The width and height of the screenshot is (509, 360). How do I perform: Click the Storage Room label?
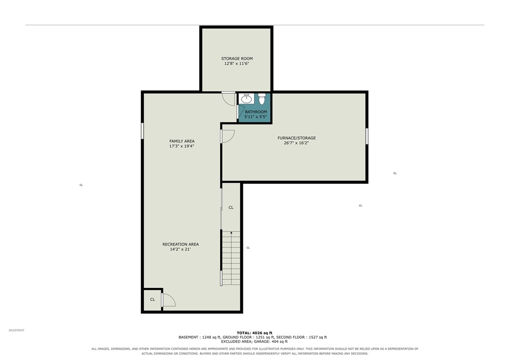237,59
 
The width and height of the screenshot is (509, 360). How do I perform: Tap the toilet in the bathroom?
262,99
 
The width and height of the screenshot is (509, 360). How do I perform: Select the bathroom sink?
246,99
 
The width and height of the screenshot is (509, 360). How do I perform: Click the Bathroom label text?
256,112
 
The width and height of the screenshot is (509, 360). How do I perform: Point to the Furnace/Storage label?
297,138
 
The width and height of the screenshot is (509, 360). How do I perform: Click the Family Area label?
182,141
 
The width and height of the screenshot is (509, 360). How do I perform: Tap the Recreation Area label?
181,245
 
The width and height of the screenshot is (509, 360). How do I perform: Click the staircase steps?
231,259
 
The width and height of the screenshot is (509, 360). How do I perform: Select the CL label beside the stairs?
231,208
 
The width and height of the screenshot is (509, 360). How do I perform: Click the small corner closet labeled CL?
153,300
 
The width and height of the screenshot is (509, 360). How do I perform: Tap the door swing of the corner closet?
169,300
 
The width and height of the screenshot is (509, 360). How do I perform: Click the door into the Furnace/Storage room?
227,136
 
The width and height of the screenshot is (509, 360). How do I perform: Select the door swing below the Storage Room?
228,99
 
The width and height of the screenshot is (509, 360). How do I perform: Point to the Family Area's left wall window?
142,131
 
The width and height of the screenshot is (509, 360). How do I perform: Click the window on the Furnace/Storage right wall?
367,136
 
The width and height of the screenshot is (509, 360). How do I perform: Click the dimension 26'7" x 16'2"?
296,143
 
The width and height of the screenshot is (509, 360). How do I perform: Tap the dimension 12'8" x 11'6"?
237,64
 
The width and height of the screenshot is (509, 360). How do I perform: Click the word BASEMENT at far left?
16,331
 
